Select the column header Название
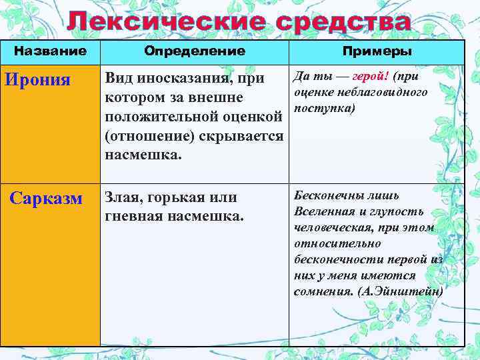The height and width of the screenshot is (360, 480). [51, 51]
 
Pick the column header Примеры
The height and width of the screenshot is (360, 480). [377, 51]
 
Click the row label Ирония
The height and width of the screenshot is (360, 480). [37, 80]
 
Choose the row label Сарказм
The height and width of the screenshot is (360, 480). [46, 199]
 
